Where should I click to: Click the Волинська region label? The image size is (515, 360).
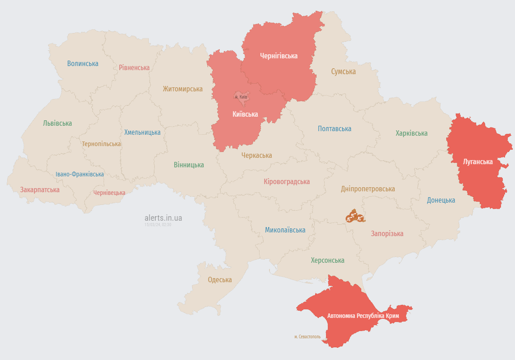point(83,64)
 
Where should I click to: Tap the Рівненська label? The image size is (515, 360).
point(134,68)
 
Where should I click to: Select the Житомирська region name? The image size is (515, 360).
point(183,89)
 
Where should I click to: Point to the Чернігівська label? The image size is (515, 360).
point(279,56)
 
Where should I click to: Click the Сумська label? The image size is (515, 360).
point(343,71)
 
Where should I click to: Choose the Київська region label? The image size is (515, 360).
point(245,114)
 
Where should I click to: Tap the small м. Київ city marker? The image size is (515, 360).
point(241,97)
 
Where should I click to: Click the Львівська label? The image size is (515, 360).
point(57,123)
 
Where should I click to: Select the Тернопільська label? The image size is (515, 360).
point(101,144)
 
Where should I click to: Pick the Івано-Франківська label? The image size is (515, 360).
point(80,174)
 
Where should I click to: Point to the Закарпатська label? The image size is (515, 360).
point(40,190)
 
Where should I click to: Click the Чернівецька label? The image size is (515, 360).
point(109,193)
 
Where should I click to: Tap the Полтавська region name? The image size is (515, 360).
point(335,129)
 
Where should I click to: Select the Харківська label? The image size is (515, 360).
point(411,133)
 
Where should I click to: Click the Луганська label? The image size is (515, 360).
point(478,161)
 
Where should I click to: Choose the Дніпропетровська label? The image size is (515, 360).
point(368,189)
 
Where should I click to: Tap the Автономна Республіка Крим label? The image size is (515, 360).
point(363,316)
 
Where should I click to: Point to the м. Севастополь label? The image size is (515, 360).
point(307,337)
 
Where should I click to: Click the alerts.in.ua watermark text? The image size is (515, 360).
point(163,218)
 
